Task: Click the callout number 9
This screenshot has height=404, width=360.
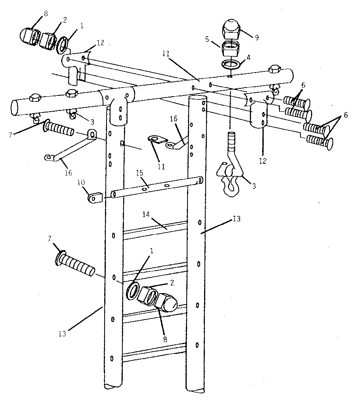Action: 257,38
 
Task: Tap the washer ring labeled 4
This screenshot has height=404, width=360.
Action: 232,64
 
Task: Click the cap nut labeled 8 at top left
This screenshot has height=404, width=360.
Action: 28,36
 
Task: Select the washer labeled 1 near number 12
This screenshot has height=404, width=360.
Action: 62,44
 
